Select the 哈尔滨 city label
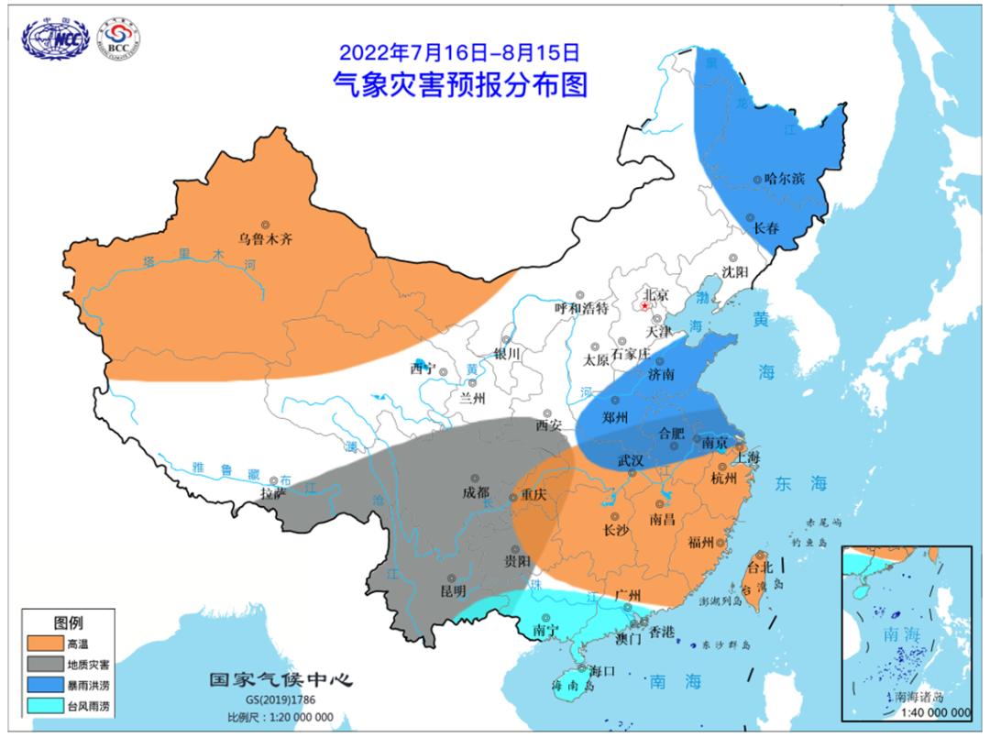click(x=784, y=179)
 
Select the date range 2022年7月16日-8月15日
click(x=459, y=51)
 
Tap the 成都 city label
click(x=475, y=492)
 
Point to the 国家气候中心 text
click(x=280, y=679)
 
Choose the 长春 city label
click(x=766, y=228)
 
